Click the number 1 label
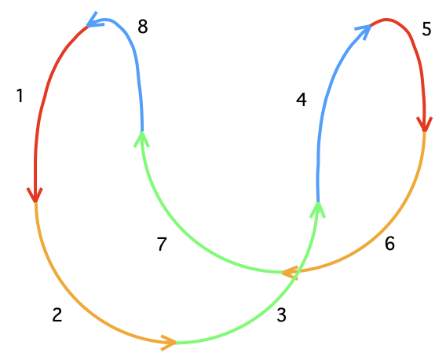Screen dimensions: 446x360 (x=20, y=96)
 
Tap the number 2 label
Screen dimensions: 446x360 (x=57, y=315)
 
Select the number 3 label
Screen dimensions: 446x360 (x=281, y=315)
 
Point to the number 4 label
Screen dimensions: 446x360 (x=302, y=100)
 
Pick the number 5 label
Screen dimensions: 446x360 (x=426, y=29)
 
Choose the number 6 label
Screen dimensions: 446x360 (x=389, y=244)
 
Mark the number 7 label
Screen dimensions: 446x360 (x=162, y=244)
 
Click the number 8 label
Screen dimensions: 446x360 (x=142, y=27)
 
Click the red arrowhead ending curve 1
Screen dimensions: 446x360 (x=35, y=196)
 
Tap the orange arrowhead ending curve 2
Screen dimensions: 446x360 (x=170, y=343)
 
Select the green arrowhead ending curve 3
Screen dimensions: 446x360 (x=318, y=210)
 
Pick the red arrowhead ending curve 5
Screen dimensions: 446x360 (x=425, y=124)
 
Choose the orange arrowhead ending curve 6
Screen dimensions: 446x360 (x=290, y=273)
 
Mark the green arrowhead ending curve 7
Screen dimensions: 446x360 (x=141, y=139)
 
